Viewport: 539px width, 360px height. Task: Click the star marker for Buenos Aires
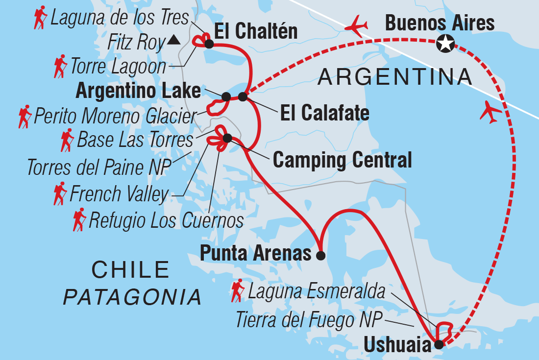point(445,44)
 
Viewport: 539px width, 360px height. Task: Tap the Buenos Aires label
point(440,23)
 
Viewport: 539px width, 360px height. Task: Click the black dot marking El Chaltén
point(209,44)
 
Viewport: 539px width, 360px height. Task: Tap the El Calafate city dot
point(243,96)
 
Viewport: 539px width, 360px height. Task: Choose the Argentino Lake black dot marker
point(226,96)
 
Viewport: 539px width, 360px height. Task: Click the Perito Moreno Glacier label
point(114,116)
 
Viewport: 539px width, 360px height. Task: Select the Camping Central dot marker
point(227,139)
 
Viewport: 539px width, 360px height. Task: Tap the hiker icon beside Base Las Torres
point(67,140)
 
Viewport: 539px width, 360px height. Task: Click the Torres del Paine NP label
point(98,167)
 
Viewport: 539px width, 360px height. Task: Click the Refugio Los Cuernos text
point(166,220)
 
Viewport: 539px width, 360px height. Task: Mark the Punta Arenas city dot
point(320,255)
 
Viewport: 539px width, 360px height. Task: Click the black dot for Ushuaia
point(439,344)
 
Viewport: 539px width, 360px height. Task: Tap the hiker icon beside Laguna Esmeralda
point(238,290)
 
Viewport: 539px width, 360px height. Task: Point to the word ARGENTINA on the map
point(395,76)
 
